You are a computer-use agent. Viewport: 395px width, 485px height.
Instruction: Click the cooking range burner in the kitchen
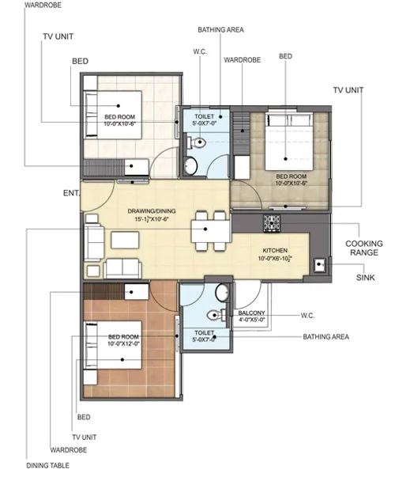[272, 223]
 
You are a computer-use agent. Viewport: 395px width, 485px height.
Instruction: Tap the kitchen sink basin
[320, 265]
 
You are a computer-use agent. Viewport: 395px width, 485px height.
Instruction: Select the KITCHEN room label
[275, 250]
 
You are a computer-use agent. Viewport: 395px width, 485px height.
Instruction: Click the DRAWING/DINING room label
[152, 211]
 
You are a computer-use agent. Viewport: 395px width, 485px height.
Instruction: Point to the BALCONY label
[251, 313]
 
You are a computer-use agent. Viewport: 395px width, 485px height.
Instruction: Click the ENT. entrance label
[71, 193]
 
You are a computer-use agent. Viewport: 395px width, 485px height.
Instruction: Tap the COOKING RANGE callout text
[364, 248]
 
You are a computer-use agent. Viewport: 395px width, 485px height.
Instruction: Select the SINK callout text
[365, 278]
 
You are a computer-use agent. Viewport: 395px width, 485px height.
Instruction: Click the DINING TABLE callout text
[48, 465]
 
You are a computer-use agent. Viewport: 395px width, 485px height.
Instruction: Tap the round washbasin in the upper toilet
[190, 166]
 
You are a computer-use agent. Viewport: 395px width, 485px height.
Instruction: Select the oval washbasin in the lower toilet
[222, 292]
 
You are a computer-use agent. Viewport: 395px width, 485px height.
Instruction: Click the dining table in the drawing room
[211, 231]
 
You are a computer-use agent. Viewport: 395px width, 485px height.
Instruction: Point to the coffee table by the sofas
[125, 240]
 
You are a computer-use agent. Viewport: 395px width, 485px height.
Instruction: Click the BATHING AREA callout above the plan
[221, 30]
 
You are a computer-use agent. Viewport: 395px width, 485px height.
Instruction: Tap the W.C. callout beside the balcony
[307, 316]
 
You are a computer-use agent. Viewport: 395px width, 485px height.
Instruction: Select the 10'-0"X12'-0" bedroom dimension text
[123, 343]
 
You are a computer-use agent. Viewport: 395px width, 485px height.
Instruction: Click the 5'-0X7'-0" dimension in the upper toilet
[204, 123]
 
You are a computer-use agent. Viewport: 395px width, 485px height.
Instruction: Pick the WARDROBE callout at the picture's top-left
[43, 6]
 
